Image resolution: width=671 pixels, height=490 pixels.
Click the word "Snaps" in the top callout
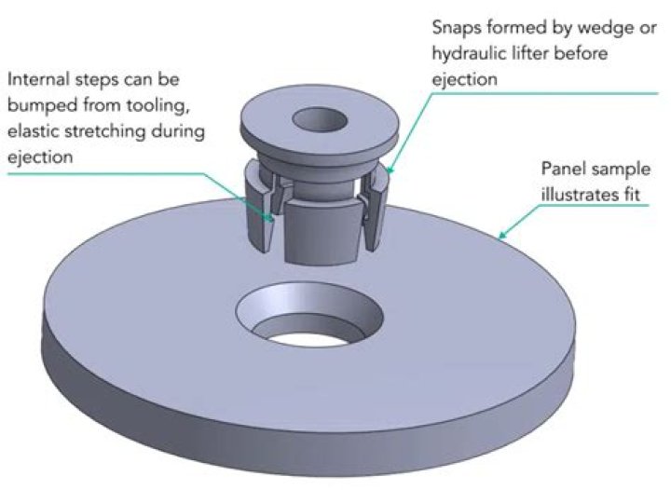click(x=456, y=29)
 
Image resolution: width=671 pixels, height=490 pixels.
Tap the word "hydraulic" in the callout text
click(x=469, y=54)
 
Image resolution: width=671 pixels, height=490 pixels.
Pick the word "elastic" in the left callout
click(x=33, y=131)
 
